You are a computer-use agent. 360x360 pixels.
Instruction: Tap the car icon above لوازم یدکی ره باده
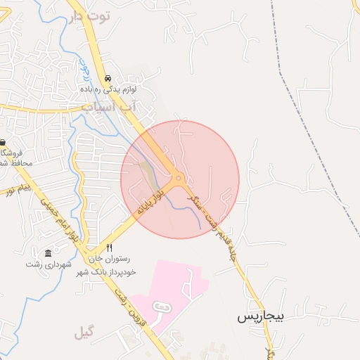108,78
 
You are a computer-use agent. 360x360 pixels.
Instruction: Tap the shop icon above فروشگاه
2,141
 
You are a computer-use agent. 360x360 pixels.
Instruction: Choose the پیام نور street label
17,189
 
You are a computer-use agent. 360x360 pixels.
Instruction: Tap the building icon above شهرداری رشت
48,253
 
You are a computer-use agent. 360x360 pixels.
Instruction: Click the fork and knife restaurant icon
109,248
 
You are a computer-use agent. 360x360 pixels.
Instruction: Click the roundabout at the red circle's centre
180,179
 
